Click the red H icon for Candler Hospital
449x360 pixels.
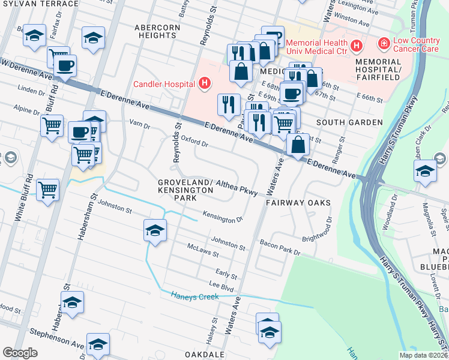[x=205, y=83]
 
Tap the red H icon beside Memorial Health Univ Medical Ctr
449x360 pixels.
[x=357, y=45]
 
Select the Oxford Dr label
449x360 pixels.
[x=194, y=142]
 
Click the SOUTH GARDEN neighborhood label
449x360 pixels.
[x=349, y=122]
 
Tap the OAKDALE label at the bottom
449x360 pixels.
[x=204, y=355]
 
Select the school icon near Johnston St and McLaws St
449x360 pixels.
[x=155, y=230]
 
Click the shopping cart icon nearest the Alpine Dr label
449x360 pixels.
[x=52, y=125]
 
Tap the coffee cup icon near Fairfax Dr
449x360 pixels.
[x=65, y=65]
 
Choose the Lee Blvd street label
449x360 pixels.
[x=221, y=287]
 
